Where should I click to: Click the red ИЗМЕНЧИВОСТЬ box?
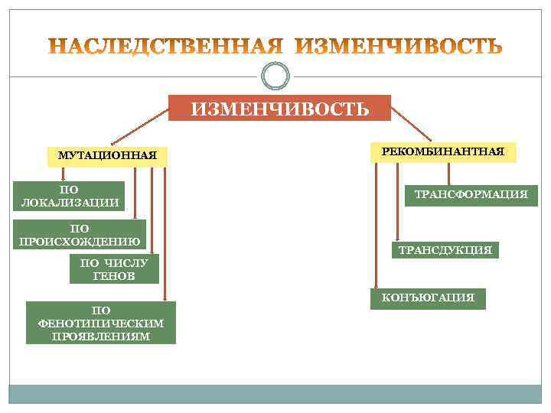point(279,108)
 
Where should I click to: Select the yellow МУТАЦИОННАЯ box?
point(107,155)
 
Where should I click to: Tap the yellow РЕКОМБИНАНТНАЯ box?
point(443,151)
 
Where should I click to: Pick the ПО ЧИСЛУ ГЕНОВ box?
point(114,270)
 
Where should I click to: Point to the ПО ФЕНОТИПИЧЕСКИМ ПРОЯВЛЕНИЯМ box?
point(100,323)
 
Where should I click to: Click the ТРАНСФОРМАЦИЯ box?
point(471,195)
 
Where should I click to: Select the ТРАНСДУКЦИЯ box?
point(445,250)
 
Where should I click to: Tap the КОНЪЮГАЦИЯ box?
point(428,298)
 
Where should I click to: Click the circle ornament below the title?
point(275,76)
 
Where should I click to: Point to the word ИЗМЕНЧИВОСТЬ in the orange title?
point(399,47)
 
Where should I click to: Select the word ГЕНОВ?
point(114,277)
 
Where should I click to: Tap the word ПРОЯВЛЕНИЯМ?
point(100,336)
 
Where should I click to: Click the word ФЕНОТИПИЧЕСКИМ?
point(100,323)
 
